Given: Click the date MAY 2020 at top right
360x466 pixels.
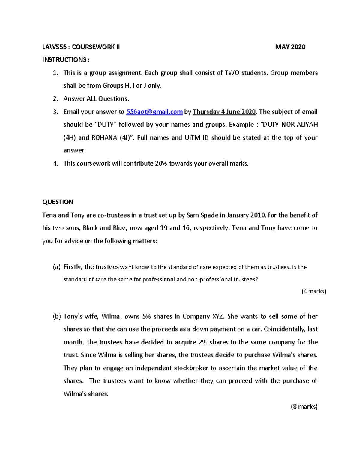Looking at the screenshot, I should [x=290, y=47].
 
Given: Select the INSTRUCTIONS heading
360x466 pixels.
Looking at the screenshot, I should [x=65, y=60].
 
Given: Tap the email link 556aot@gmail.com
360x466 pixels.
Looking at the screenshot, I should [x=154, y=112].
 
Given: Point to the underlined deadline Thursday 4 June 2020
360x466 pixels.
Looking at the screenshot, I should [x=224, y=112].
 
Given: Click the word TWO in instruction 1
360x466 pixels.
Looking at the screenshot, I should [x=232, y=73].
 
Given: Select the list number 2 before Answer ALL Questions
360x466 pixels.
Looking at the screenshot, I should [x=55, y=99].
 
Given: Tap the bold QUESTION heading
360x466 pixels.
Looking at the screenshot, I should [x=58, y=202].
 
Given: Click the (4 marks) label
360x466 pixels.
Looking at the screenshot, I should [x=313, y=291].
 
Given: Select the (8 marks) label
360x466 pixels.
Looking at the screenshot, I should [x=304, y=407].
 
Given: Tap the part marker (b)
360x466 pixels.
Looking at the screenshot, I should [x=56, y=317].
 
